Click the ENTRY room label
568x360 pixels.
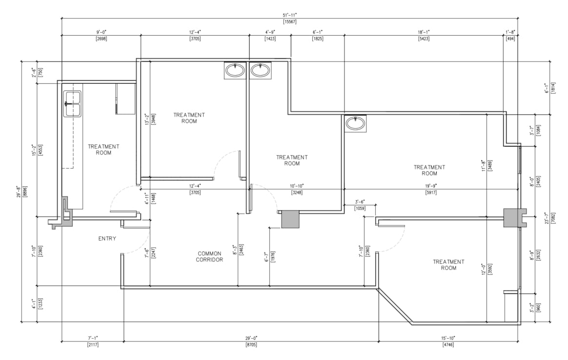pyautogui.click(x=107, y=239)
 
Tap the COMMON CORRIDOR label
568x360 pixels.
pyautogui.click(x=209, y=257)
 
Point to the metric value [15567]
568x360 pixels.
pyautogui.click(x=289, y=22)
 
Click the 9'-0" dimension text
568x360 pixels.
pyautogui.click(x=101, y=32)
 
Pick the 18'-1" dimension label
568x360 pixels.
pyautogui.click(x=423, y=32)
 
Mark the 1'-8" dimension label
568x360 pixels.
pyautogui.click(x=510, y=32)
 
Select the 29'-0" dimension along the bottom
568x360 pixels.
pyautogui.click(x=251, y=338)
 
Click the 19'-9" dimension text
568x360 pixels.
pyautogui.click(x=430, y=186)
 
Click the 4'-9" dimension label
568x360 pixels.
pyautogui.click(x=270, y=32)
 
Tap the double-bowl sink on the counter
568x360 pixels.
pyautogui.click(x=73, y=104)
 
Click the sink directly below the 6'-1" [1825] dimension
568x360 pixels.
pyautogui.click(x=355, y=123)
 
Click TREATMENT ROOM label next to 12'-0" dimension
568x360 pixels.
pyautogui.click(x=448, y=265)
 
